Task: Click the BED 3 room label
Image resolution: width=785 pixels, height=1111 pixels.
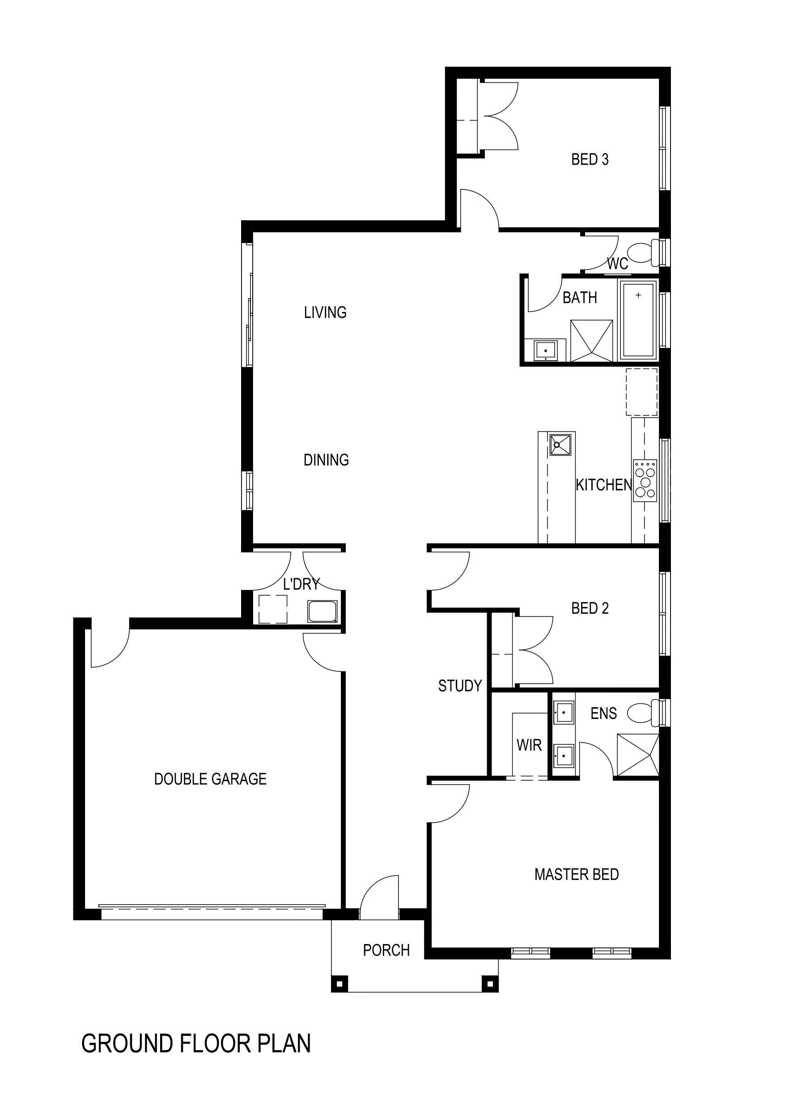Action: coord(590,159)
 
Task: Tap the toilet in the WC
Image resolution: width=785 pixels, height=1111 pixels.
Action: coord(643,252)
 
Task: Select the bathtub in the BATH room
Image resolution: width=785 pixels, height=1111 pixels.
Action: coord(638,320)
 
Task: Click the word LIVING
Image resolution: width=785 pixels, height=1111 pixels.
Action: coord(325,312)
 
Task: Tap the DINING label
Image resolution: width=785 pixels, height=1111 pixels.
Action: coord(326,460)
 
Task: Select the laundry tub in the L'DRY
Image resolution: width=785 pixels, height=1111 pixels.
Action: coord(322,611)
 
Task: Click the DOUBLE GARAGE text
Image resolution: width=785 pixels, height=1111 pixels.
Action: coord(210,779)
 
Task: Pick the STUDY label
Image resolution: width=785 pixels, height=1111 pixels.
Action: coord(460,686)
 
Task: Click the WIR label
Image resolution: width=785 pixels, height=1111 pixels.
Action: coord(529,745)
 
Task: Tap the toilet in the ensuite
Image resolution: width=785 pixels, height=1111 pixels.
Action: coord(643,713)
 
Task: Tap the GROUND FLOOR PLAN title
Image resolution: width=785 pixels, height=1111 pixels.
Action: coord(196,1044)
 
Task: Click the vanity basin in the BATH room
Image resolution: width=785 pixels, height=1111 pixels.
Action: coord(546,350)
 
